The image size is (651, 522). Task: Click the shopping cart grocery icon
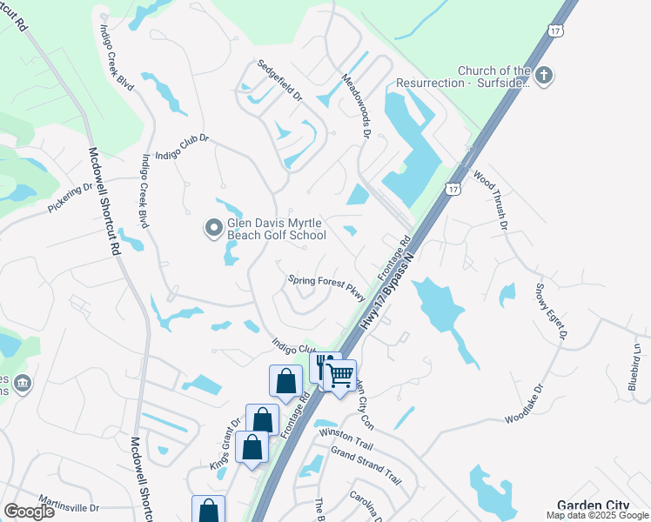pyautogui.click(x=339, y=376)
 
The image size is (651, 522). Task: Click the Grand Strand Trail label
pyautogui.click(x=366, y=465)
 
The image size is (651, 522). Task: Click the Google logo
pyautogui.click(x=29, y=511)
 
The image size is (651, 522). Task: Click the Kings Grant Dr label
pyautogui.click(x=224, y=445)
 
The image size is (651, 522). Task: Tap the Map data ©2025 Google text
pyautogui.click(x=596, y=515)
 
